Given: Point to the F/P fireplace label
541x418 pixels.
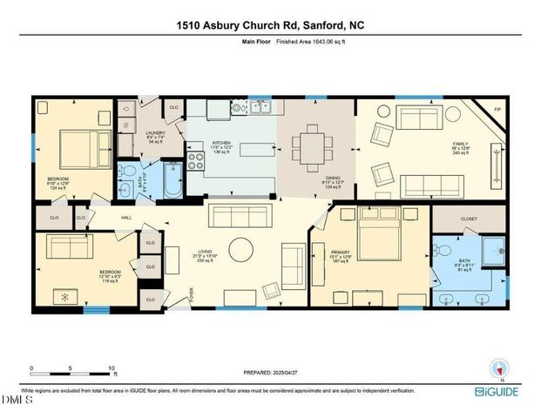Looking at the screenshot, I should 497,110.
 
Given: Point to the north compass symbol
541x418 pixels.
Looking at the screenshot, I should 498,367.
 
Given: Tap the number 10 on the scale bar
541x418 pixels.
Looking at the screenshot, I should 110,367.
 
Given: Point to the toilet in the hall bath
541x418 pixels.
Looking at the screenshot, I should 128,172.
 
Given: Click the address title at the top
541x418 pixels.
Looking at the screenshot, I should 270,25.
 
